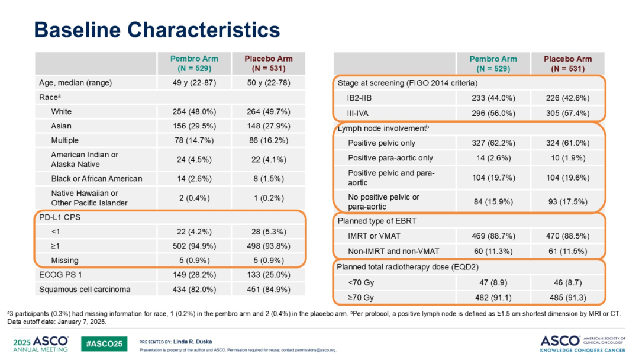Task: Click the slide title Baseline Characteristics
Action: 157,30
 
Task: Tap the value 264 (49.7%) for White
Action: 269,111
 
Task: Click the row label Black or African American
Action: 96,178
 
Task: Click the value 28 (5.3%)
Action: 269,232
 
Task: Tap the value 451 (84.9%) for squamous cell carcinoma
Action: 269,290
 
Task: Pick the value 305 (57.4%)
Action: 567,112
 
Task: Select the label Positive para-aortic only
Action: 390,157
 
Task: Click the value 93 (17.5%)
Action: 567,201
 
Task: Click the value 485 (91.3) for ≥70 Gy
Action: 567,297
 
